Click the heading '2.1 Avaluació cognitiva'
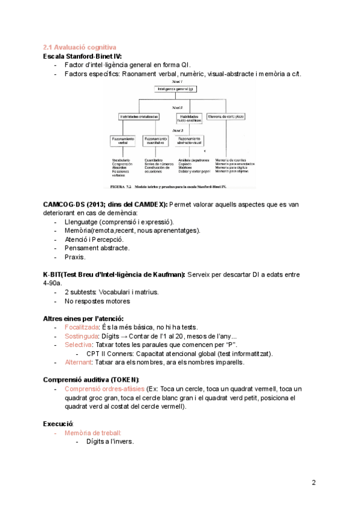(x=79, y=47)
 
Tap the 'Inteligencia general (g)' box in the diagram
(x=175, y=89)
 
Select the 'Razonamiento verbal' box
(x=124, y=141)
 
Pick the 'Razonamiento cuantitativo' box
(x=158, y=141)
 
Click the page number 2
(x=314, y=483)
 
